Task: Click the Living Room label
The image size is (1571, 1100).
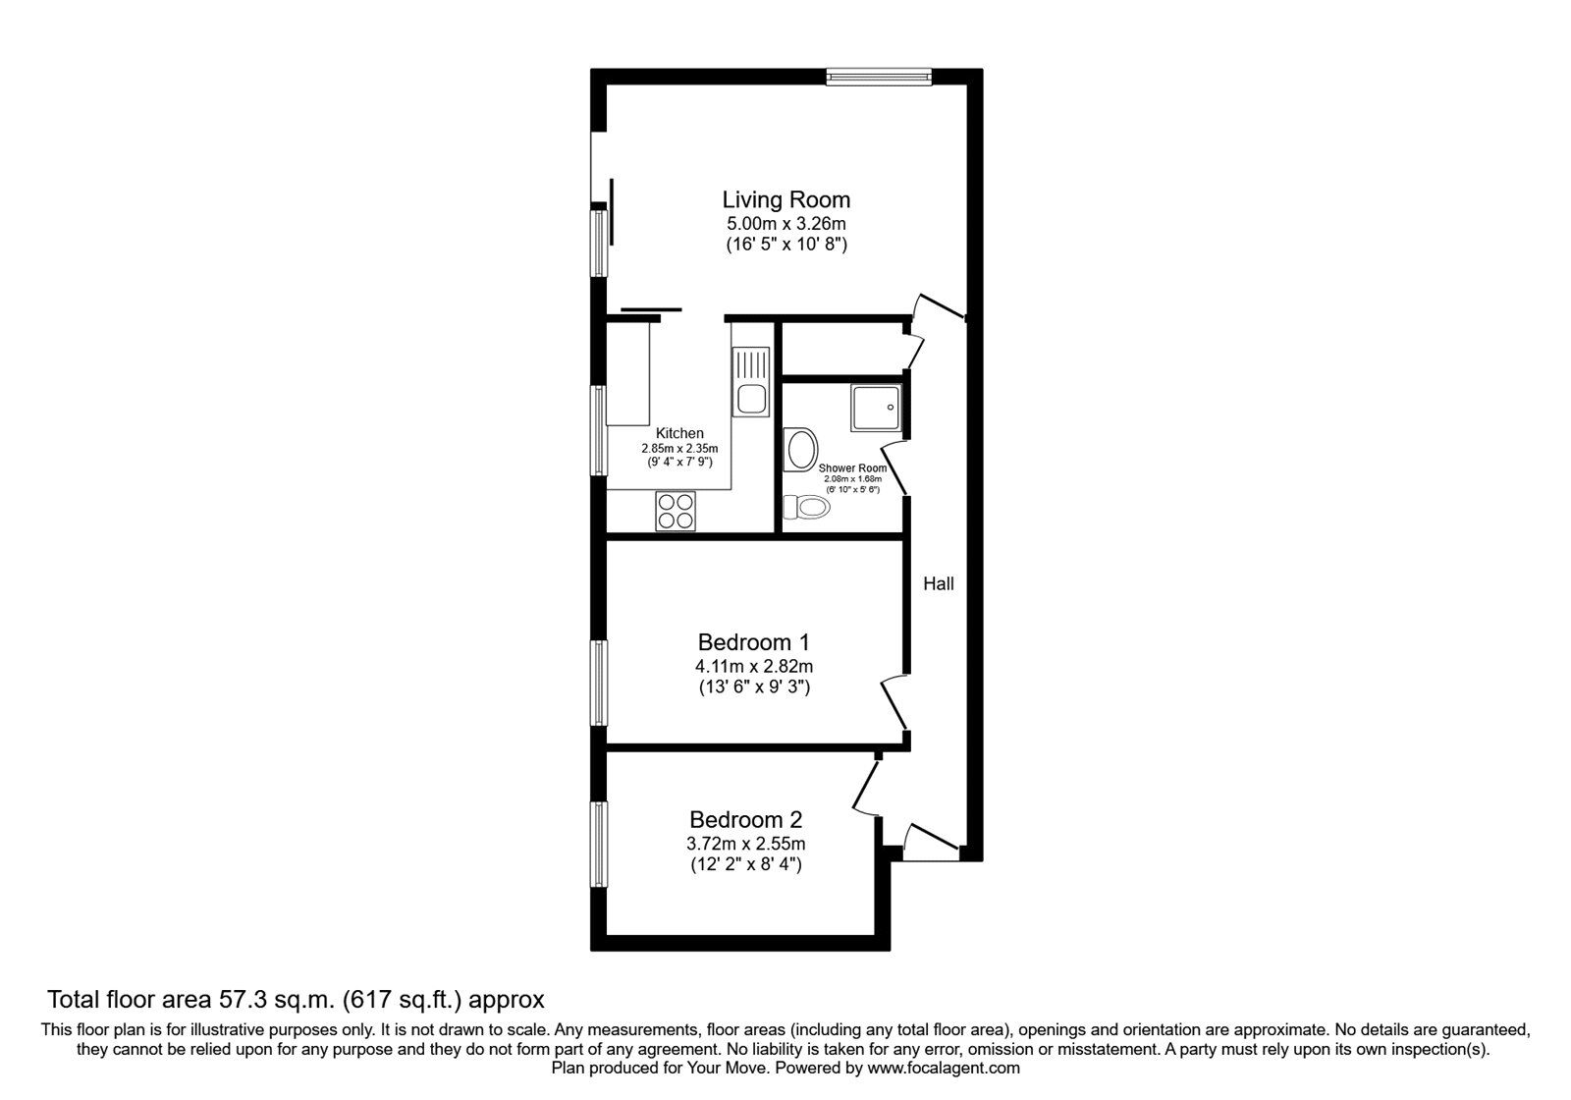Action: click(x=786, y=199)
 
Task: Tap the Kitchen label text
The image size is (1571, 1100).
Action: click(x=679, y=433)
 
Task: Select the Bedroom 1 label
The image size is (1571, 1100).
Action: click(x=753, y=642)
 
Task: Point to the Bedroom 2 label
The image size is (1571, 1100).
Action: click(x=746, y=819)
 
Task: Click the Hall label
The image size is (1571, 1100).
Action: click(x=938, y=583)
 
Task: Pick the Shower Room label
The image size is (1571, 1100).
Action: click(x=859, y=468)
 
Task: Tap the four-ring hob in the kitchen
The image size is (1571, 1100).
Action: click(x=676, y=511)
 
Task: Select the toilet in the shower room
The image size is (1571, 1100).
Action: click(x=806, y=507)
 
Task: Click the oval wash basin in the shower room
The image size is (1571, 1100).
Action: click(x=801, y=451)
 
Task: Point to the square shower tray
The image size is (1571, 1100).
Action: click(x=875, y=408)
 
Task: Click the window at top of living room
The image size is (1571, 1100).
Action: click(x=878, y=76)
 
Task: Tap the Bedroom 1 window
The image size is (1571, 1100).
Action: click(x=598, y=683)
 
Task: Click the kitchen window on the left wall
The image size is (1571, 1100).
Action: click(x=598, y=430)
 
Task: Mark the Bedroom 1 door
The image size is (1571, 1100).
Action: click(x=894, y=701)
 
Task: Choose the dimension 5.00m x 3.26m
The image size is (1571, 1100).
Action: click(x=785, y=224)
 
